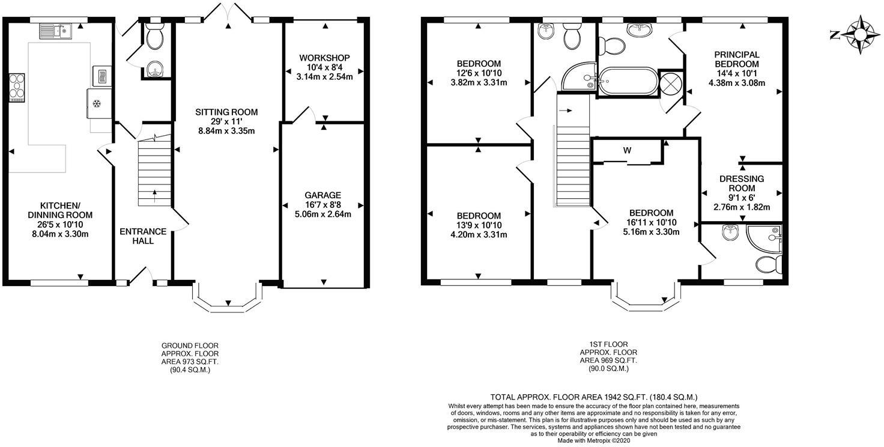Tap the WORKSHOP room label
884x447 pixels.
pyautogui.click(x=324, y=58)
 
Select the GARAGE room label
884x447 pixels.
pyautogui.click(x=322, y=195)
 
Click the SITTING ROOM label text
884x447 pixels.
pyautogui.click(x=226, y=112)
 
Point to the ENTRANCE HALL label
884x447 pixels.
pyautogui.click(x=143, y=236)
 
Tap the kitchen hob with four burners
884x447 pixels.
pyautogui.click(x=16, y=88)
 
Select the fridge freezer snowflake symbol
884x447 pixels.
pyautogui.click(x=96, y=103)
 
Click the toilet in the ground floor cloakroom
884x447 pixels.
pyautogui.click(x=155, y=39)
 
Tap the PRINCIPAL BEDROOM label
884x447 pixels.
pyautogui.click(x=736, y=59)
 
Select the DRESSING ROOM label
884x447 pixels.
pyautogui.click(x=742, y=183)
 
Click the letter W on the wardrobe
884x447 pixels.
pyautogui.click(x=626, y=150)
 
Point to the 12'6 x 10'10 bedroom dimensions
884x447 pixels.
pyautogui.click(x=479, y=73)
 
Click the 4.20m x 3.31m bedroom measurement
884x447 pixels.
pyautogui.click(x=479, y=235)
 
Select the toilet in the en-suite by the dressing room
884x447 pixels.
pyautogui.click(x=769, y=264)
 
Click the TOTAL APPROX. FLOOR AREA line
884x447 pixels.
pyautogui.click(x=594, y=397)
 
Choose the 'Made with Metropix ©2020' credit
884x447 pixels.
pyautogui.click(x=594, y=440)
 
